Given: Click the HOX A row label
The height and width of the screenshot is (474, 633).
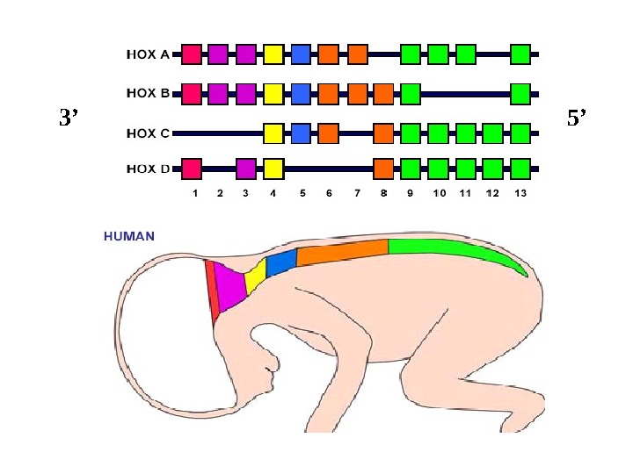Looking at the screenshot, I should point(149,54).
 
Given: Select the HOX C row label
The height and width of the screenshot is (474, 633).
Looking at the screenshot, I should point(149,133).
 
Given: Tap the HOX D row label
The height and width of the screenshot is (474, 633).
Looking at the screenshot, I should point(149,168).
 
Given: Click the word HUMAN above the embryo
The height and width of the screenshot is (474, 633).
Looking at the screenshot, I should point(129,236).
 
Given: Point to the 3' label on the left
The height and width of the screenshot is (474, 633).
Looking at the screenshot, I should point(69,118).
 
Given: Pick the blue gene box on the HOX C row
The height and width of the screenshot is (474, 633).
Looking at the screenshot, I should point(301,133).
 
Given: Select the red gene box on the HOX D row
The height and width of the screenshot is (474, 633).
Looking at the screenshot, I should point(192,168).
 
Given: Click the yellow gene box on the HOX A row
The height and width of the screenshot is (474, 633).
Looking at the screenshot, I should point(273,54).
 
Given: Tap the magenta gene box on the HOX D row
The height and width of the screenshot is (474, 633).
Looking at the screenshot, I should point(246,168).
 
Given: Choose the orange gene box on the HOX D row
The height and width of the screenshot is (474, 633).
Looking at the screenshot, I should point(383,168).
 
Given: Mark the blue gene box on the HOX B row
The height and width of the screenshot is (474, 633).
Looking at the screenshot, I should point(301,92).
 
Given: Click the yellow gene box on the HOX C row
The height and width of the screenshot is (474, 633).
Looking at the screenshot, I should point(273,133).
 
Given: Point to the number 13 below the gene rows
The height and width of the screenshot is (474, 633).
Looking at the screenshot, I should point(520,193).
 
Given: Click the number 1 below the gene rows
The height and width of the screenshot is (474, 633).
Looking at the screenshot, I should point(194,193).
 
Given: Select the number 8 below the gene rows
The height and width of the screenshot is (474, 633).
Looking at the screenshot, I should point(383,193).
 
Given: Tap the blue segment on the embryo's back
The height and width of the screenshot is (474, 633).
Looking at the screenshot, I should point(280,262).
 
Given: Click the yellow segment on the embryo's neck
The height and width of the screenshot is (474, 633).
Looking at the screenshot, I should point(255,277).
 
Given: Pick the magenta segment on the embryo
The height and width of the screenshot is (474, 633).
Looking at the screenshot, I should point(231,286).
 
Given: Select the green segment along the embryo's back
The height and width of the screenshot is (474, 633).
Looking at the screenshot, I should point(448,248).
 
